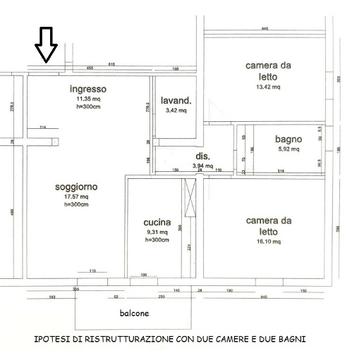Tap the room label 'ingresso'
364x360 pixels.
88,89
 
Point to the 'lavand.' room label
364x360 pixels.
176,100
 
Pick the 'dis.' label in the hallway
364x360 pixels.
203,156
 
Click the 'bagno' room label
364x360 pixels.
288,139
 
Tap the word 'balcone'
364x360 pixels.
133,313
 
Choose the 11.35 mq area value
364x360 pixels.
88,99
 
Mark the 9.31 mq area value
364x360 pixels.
157,232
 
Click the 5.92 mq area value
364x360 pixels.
288,149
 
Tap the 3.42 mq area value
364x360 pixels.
176,111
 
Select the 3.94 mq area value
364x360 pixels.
203,166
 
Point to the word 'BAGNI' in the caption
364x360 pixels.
291,340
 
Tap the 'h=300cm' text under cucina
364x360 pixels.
157,240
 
